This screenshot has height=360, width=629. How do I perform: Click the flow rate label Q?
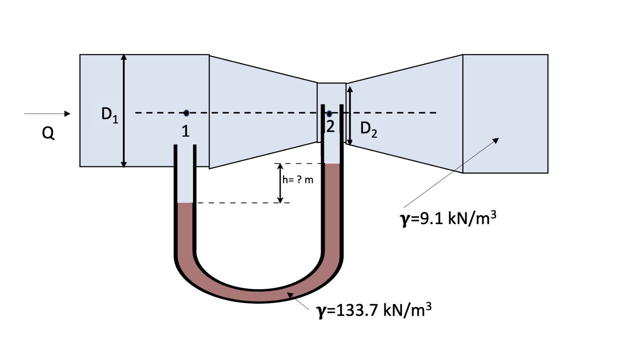[x=48, y=133]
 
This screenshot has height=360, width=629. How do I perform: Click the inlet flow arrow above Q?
[x=47, y=114]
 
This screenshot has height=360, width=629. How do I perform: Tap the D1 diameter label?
[x=109, y=114]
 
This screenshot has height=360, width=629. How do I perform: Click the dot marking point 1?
[x=186, y=113]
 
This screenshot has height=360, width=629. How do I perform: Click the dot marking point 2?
[x=329, y=114]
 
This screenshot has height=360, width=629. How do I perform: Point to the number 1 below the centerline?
[x=186, y=131]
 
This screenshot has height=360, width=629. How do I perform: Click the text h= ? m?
[x=298, y=180]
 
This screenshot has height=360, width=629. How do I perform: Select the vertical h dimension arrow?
[x=280, y=183]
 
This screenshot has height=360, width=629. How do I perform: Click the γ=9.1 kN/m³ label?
[x=448, y=218]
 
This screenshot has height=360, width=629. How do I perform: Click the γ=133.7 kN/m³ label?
[x=374, y=310]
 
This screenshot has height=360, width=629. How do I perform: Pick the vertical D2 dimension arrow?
[x=350, y=116]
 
